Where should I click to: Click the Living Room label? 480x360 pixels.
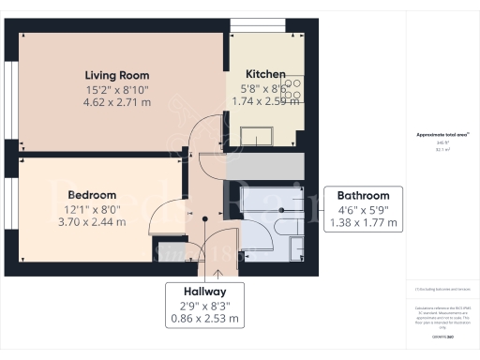[117, 75]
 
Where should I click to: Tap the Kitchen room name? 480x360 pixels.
[265, 74]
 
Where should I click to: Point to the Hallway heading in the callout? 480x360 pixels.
[204, 290]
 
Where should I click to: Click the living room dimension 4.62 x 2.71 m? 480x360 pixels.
[117, 102]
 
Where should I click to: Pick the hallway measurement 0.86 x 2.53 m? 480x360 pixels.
[204, 319]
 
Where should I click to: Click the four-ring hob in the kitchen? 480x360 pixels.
[291, 89]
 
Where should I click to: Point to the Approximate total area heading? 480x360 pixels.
[442, 134]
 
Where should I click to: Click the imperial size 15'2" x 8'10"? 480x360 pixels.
[117, 89]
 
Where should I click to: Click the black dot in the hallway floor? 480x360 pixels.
[204, 219]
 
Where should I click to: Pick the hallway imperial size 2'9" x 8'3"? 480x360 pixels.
[204, 305]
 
